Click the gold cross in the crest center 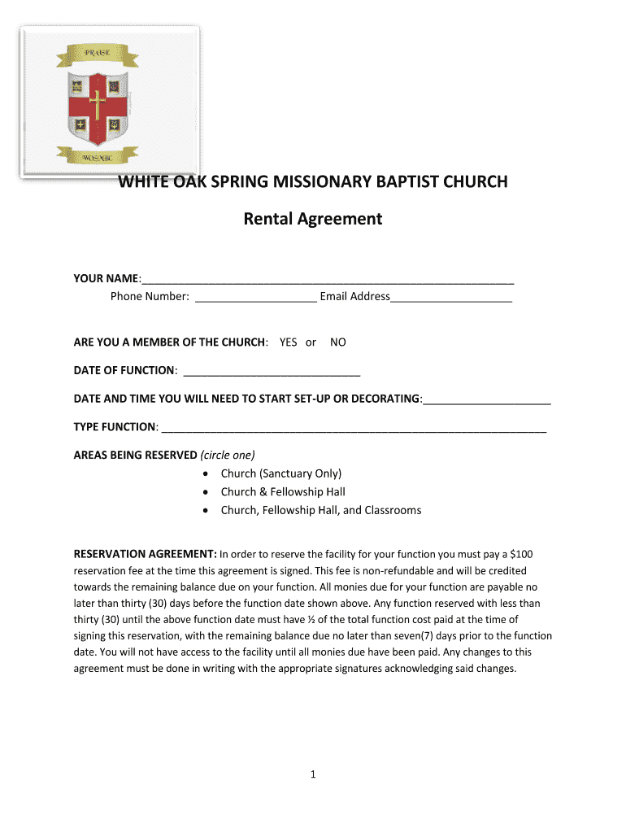[98, 103]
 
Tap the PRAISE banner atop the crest [97, 54]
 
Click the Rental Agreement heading [313, 219]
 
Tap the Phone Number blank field [255, 297]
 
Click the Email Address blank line [451, 297]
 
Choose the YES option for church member [288, 342]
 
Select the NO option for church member [337, 342]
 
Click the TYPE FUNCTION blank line [354, 428]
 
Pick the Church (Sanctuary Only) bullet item [280, 473]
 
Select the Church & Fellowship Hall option [283, 491]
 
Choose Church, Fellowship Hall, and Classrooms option [320, 510]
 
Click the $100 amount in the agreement [519, 554]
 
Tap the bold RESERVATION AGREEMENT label [145, 554]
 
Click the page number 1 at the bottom [312, 774]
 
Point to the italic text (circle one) [228, 455]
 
